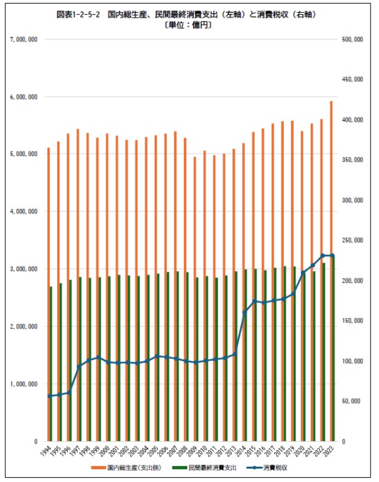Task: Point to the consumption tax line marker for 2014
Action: pyautogui.click(x=245, y=312)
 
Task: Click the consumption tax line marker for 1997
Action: pyautogui.click(x=79, y=366)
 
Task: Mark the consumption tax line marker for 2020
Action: pyautogui.click(x=303, y=272)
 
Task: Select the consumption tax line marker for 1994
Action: pyautogui.click(x=50, y=396)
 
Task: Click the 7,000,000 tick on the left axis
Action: pyautogui.click(x=25, y=40)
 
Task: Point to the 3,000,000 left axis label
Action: pyautogui.click(x=25, y=269)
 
